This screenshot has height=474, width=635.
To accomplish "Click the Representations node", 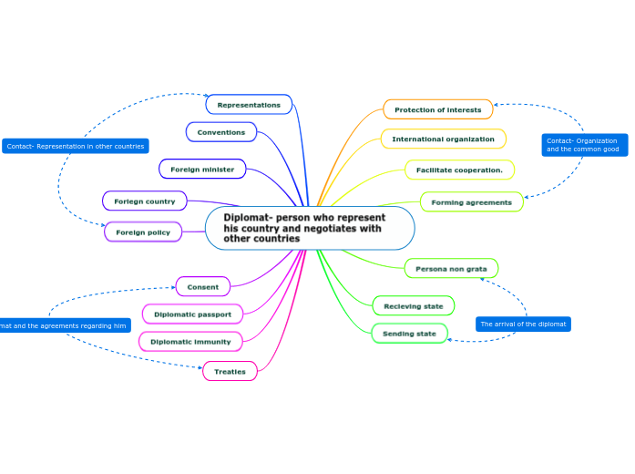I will click(x=249, y=105).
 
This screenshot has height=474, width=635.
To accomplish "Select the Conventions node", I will click(x=220, y=132).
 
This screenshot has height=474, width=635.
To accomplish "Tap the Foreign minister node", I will click(x=201, y=169).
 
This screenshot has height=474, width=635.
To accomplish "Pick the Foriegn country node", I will click(x=144, y=201).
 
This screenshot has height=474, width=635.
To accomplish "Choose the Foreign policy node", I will click(x=143, y=232).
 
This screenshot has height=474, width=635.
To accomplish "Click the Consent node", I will click(x=202, y=287).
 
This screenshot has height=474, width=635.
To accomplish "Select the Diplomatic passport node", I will click(x=192, y=314).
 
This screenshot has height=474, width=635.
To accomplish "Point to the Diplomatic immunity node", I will click(x=190, y=342).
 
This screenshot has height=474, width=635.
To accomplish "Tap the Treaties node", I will click(x=230, y=372).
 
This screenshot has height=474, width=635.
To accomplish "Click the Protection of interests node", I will click(x=437, y=109).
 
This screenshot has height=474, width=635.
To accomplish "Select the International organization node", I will click(x=443, y=139).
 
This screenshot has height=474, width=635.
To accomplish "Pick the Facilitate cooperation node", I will click(x=459, y=170).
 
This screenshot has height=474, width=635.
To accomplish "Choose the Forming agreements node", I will click(x=471, y=201).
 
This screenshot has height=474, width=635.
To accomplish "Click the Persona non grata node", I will click(x=451, y=269).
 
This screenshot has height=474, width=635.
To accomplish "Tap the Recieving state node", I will click(x=413, y=306).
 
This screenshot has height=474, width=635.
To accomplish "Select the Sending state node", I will click(x=409, y=334).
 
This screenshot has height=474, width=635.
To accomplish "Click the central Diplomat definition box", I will click(x=309, y=228).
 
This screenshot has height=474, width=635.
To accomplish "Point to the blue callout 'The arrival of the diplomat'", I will click(x=523, y=325).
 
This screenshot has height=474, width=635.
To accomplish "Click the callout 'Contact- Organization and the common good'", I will click(x=582, y=145).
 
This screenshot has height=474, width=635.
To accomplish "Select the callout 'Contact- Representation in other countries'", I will click(x=75, y=146).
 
